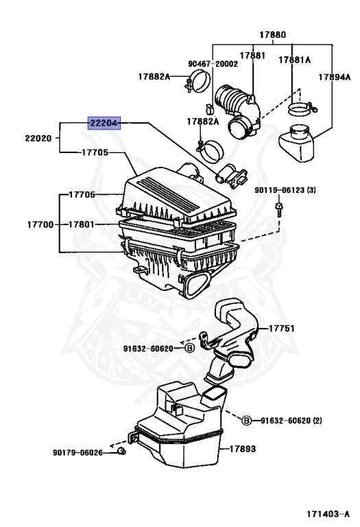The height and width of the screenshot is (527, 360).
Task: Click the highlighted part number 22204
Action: click(x=104, y=124)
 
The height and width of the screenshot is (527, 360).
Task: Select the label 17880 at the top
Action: click(x=272, y=34)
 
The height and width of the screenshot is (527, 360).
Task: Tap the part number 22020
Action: click(x=39, y=138)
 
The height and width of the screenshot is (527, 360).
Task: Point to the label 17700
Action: click(x=40, y=224)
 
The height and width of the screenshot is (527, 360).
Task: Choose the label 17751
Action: click(x=281, y=329)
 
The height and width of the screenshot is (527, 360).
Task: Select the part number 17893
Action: click(x=243, y=449)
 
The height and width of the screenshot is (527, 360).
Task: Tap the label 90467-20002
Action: click(x=213, y=63)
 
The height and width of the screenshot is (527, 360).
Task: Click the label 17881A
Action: click(x=294, y=60)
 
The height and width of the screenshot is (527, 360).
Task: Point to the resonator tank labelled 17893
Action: click(x=182, y=425)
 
